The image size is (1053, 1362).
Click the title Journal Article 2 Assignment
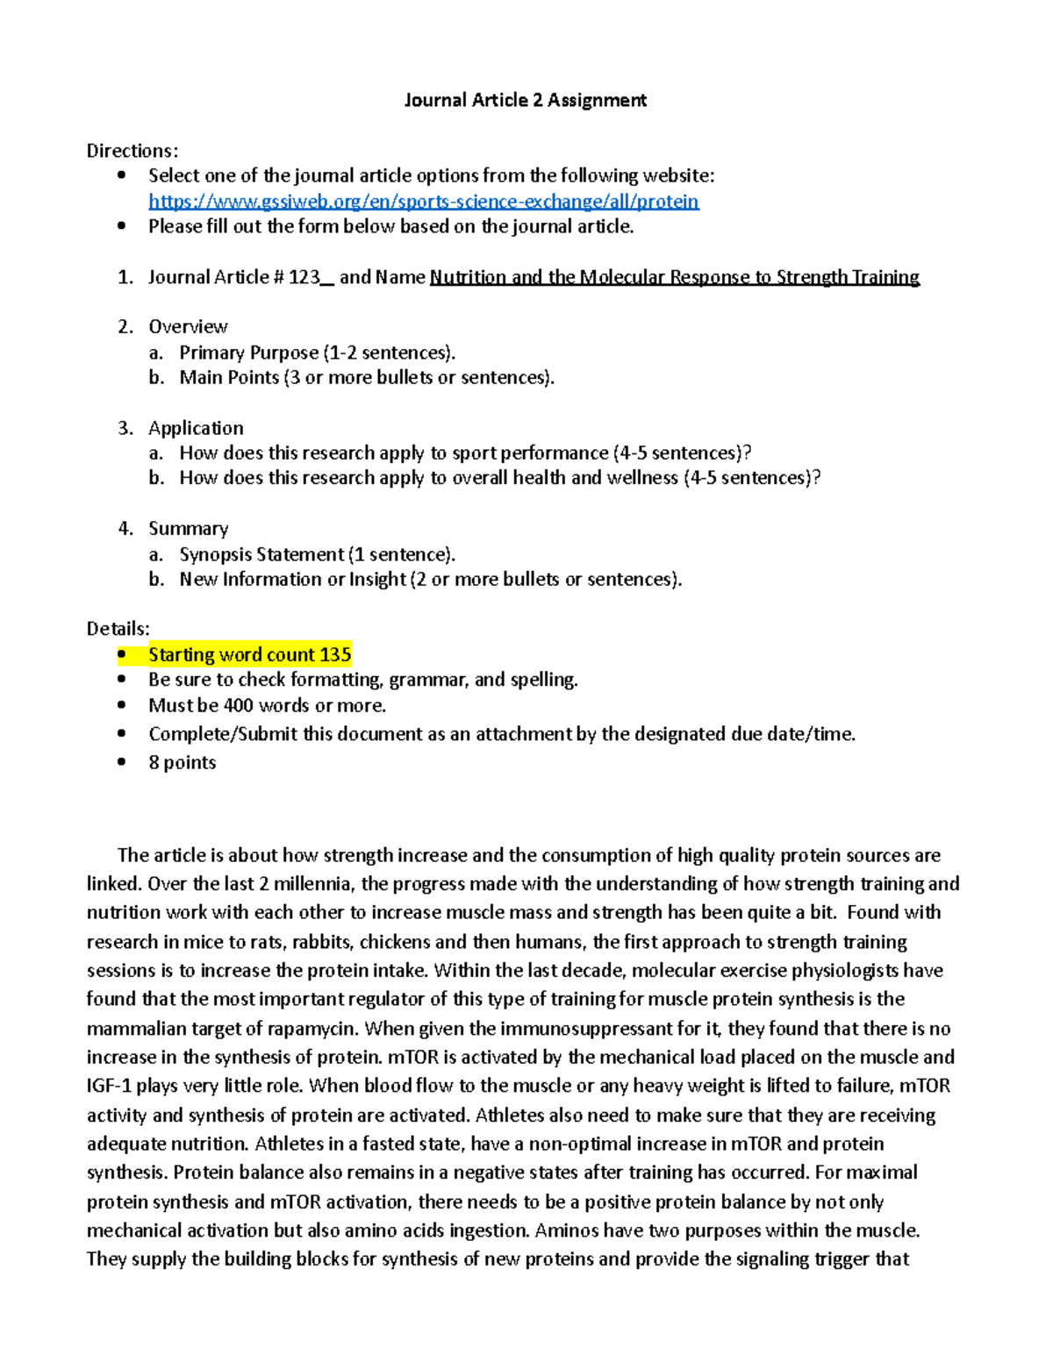[x=525, y=100]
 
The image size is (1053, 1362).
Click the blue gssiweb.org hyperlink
[x=423, y=202]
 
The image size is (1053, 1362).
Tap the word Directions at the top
[x=132, y=151]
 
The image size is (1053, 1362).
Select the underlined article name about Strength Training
[x=674, y=277]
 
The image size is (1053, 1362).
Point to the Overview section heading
[x=188, y=327]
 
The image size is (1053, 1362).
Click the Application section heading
[x=196, y=428]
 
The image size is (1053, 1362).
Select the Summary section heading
[x=188, y=528]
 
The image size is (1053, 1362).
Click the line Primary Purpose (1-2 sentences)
[x=317, y=353]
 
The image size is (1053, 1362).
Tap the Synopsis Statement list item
[x=317, y=554]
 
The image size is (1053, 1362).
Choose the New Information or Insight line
[x=430, y=579]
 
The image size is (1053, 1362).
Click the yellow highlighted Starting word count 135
[x=249, y=654]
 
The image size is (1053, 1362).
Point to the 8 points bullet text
[x=182, y=762]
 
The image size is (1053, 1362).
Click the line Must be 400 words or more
[x=267, y=705]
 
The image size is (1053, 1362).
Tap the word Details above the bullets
[x=118, y=629]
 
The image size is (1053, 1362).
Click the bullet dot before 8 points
[x=122, y=762]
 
